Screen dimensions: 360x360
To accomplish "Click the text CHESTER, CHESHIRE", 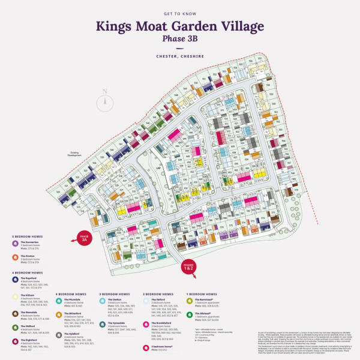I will coord(179,56).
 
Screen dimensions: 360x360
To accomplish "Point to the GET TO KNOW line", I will coord(179,12).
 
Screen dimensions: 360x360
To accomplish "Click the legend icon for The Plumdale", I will coord(59,300).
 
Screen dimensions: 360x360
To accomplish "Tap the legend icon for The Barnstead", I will coord(190,300).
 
